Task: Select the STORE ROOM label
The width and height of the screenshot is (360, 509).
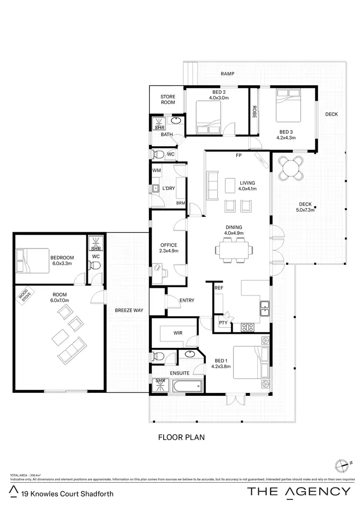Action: point(168,99)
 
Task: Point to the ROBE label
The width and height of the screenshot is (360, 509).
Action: point(254,112)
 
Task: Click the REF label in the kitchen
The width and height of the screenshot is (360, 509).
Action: point(219,288)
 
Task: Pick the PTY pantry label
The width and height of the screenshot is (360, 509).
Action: point(223,323)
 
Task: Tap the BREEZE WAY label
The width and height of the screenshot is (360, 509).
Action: point(129,310)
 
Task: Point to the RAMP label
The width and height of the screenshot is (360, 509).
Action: point(227,74)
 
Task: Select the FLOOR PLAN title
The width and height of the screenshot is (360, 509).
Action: point(181,438)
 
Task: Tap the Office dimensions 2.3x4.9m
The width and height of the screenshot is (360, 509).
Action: point(168,250)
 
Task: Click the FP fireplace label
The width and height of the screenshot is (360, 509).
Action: point(238,156)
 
